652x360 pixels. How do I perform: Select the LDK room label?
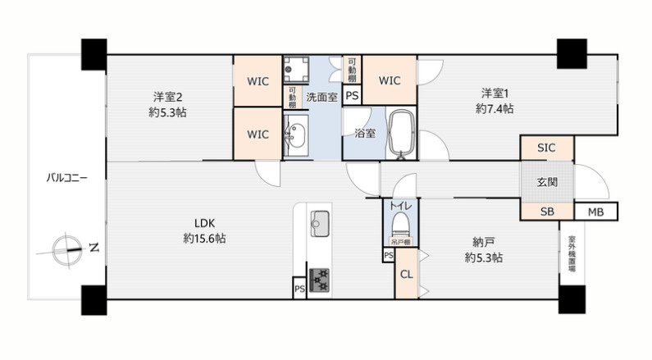pos(204,223)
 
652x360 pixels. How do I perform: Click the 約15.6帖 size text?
pos(204,239)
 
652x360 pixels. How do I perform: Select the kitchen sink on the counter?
pos(320,221)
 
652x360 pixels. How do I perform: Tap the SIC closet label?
pos(546,148)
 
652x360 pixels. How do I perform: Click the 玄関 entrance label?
pos(547,182)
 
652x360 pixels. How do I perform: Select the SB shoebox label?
pos(546,212)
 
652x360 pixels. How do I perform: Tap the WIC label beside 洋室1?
pos(390,80)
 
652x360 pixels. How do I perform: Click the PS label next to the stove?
pos(299,289)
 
